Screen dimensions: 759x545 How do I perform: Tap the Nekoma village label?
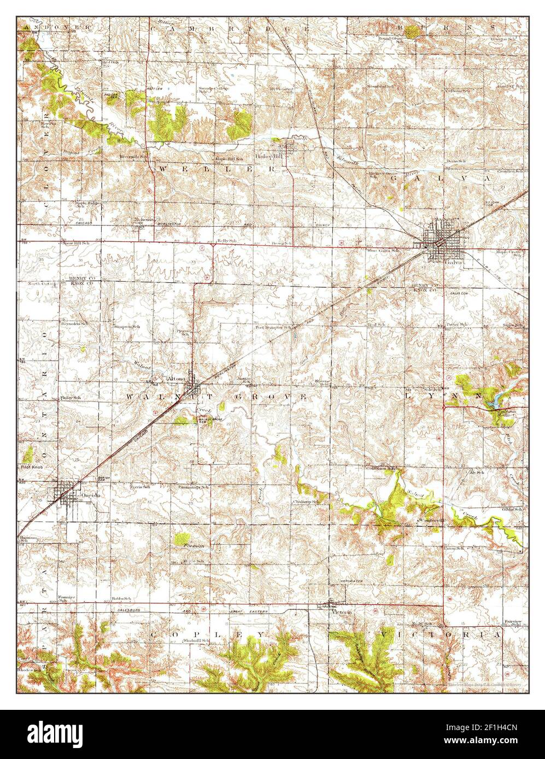pos(144,220)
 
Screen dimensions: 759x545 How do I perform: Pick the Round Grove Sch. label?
pos(392,39)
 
